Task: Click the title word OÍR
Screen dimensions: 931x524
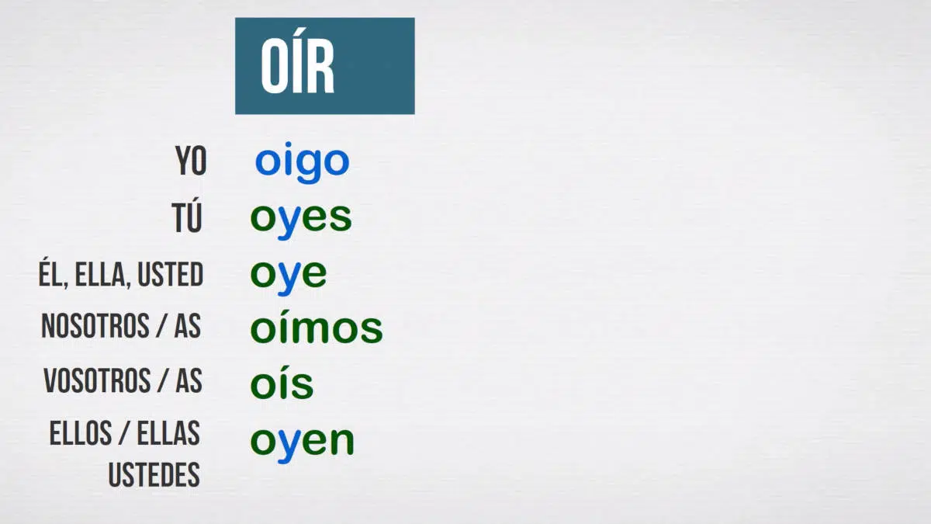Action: [297, 61]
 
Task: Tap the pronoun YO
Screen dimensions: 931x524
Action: [191, 161]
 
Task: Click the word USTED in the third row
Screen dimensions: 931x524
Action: [171, 275]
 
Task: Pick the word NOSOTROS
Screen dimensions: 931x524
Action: [95, 325]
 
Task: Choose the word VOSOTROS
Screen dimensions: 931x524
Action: [97, 380]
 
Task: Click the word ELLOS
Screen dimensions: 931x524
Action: [81, 433]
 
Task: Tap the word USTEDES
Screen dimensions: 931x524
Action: [154, 474]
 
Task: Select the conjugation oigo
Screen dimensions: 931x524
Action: [302, 162]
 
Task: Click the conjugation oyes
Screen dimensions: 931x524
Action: [301, 220]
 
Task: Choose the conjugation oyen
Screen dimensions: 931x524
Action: [302, 444]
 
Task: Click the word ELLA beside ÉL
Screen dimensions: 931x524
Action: [100, 275]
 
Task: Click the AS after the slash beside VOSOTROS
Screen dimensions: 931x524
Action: [189, 380]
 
